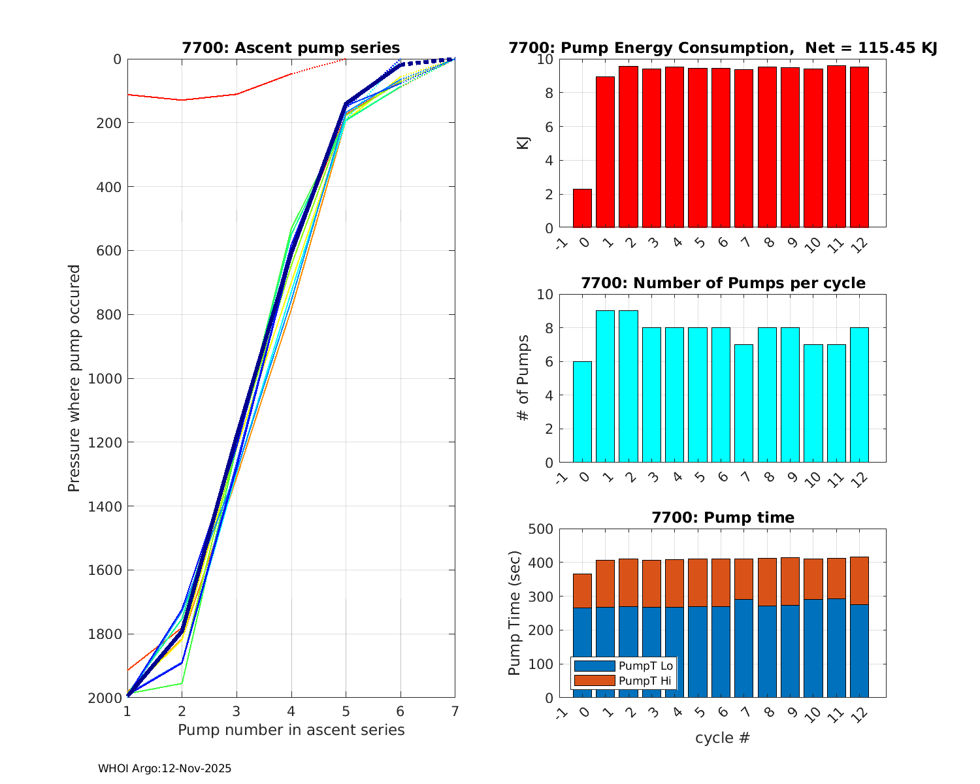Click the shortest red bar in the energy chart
coord(582,208)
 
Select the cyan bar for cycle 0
coord(582,412)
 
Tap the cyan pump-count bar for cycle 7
coord(743,404)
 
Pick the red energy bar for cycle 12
coord(859,147)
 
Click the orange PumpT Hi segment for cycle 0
coord(582,591)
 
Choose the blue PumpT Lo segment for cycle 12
coord(859,651)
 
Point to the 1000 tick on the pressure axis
coord(108,378)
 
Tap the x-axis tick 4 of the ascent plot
coord(291,711)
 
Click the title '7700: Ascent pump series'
coord(291,48)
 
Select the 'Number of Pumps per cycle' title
coord(723,283)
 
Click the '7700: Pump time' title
coord(723,517)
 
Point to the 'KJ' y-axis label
coord(523,143)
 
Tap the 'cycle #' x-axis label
coord(723,738)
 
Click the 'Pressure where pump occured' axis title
coord(74,378)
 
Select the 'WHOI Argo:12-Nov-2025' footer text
coord(165,769)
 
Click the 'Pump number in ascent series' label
coord(291,730)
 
